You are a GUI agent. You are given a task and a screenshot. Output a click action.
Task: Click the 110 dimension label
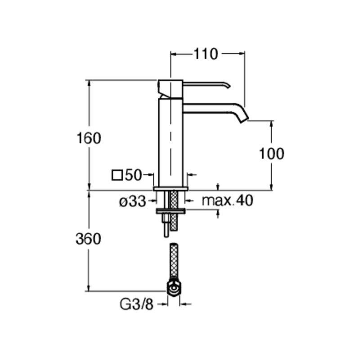coord(206,54)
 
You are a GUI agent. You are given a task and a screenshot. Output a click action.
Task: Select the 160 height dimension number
coord(89,138)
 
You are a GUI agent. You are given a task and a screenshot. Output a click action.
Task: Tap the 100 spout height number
coord(271,153)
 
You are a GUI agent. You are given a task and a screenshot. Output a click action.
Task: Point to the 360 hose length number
coord(88,239)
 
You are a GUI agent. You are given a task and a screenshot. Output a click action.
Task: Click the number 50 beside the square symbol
coord(134,175)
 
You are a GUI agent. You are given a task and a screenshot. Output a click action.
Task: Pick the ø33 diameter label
coord(133,201)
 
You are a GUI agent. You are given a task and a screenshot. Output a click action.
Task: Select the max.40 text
coord(227,200)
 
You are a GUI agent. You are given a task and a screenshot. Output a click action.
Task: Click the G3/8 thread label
coord(136,305)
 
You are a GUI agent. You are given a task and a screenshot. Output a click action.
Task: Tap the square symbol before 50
coord(117,175)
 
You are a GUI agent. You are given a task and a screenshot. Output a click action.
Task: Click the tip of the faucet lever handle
coord(229,86)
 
